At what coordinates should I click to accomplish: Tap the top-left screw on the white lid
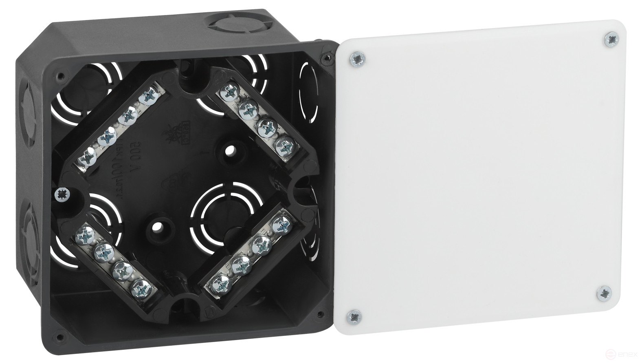[357, 59]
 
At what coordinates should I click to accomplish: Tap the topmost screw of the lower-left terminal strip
[86, 235]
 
